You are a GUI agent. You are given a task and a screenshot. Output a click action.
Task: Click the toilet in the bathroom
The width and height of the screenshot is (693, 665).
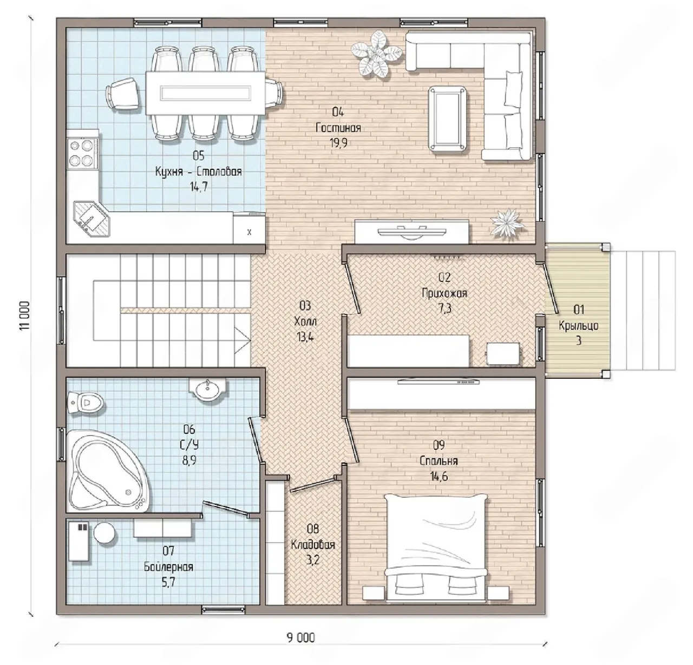pos(85,403)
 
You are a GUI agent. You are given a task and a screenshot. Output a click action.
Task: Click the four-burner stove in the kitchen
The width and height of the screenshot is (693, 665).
pos(82,153)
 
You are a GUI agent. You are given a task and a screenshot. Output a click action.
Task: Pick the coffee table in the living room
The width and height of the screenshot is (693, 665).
pos(448,118)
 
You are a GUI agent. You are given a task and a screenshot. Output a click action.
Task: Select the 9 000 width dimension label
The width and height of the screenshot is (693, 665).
pos(301,637)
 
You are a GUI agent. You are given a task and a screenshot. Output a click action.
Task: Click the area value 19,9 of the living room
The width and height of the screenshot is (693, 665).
pos(338,143)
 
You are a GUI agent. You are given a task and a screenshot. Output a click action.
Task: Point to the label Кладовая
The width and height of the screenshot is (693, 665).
pos(313,545)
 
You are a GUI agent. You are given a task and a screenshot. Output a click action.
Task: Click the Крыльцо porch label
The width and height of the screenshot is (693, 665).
pos(578,326)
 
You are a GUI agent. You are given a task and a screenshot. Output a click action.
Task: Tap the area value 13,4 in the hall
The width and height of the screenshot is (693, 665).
pos(305,337)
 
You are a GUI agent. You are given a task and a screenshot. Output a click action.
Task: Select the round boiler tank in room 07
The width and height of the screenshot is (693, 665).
pos(104,532)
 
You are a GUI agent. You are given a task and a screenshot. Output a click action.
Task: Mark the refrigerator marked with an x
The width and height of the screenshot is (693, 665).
pos(249,228)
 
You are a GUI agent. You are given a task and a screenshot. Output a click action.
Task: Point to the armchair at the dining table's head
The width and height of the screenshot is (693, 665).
pos(123,94)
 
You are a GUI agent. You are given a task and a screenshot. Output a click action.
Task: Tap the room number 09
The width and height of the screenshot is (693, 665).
pos(439,445)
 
